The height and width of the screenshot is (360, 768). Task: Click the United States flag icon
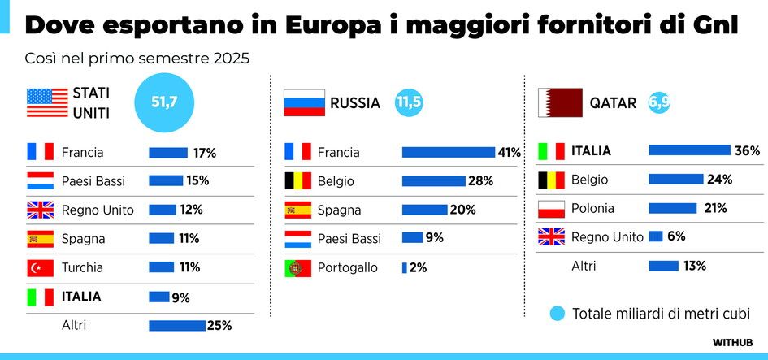click(47, 103)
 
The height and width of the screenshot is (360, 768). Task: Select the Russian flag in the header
click(303, 103)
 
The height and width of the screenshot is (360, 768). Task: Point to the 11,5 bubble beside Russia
click(409, 103)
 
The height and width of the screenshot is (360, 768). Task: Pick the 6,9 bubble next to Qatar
click(659, 103)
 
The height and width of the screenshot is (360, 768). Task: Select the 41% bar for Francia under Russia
click(449, 152)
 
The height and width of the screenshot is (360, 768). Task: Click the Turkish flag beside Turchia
click(40, 267)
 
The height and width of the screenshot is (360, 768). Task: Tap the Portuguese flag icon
click(297, 267)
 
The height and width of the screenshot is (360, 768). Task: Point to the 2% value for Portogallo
click(418, 267)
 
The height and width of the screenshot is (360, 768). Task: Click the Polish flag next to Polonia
click(552, 208)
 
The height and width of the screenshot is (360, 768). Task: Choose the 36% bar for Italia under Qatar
click(689, 150)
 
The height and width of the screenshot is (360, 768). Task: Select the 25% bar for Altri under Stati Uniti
click(177, 325)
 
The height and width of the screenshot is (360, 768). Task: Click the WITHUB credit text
click(733, 342)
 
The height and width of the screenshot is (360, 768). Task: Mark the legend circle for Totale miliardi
click(557, 314)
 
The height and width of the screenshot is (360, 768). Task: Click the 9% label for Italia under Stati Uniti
click(180, 297)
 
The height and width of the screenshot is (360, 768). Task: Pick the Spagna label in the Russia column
click(339, 210)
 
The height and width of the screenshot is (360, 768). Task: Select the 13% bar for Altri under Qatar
click(663, 266)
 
